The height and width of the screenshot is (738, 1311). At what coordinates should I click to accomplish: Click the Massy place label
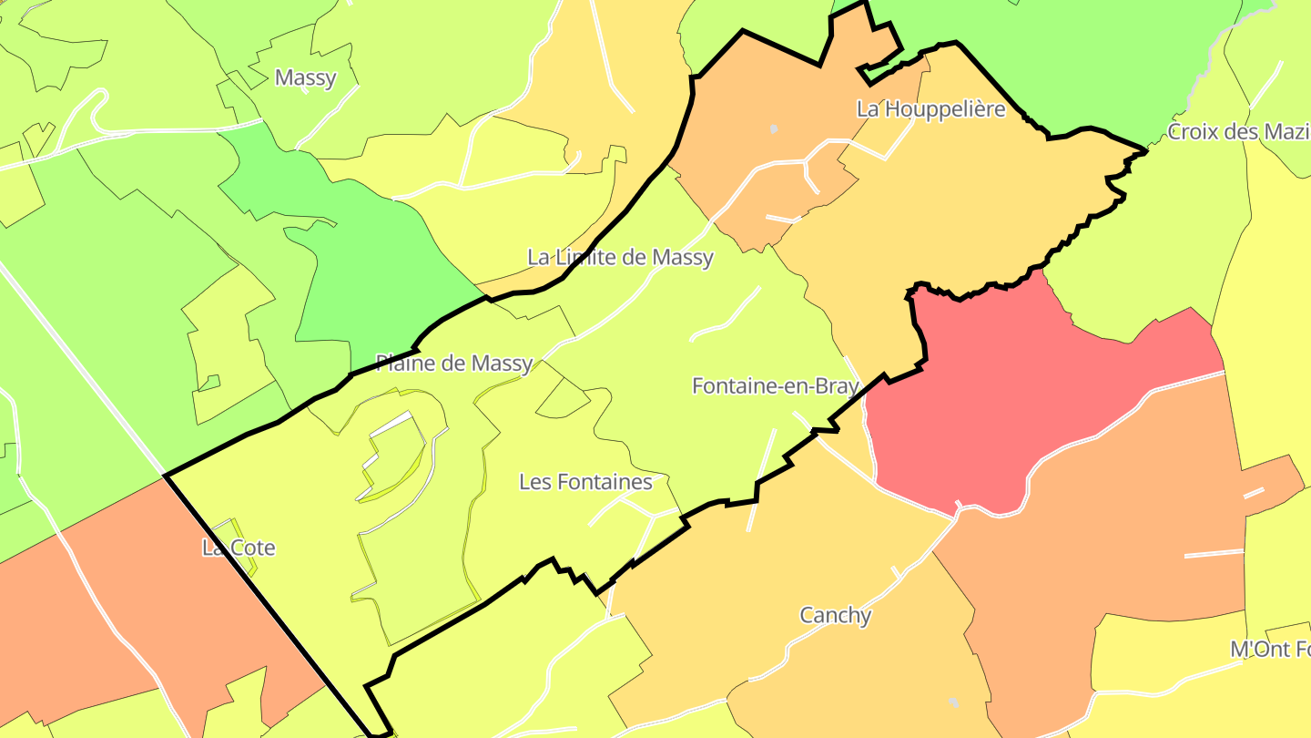click(x=305, y=77)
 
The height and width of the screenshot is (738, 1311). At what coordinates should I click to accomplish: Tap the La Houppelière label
click(x=930, y=109)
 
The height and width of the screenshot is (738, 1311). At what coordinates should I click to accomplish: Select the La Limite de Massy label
click(x=620, y=258)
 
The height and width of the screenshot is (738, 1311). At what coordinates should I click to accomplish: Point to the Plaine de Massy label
click(x=453, y=364)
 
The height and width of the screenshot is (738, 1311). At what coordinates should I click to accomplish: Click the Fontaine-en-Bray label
click(x=775, y=386)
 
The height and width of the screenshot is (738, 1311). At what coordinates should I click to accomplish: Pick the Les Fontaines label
click(x=585, y=482)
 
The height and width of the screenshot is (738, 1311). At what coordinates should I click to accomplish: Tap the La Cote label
click(x=238, y=548)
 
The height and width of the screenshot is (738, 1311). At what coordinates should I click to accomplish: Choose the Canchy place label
click(x=835, y=616)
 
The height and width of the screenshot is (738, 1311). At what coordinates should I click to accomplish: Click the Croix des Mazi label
click(x=1238, y=132)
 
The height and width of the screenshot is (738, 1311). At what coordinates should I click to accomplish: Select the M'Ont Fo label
click(x=1270, y=650)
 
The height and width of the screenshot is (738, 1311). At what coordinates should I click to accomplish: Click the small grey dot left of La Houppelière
click(x=773, y=128)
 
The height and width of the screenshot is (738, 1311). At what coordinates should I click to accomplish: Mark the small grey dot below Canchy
click(x=953, y=702)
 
